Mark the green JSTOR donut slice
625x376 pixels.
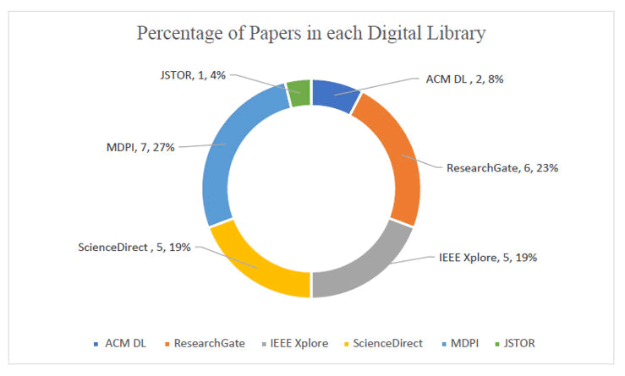click(298, 92)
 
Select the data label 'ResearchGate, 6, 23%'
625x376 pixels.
click(502, 167)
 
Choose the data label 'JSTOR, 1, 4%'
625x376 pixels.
click(194, 74)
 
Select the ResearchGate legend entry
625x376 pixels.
click(207, 343)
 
